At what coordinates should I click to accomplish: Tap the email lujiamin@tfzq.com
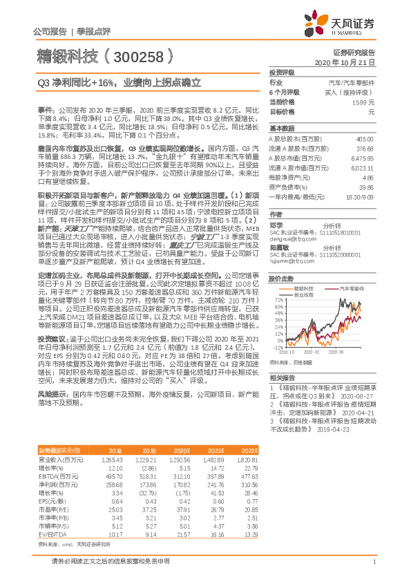(x=289, y=262)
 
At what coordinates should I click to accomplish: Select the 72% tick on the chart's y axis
(x=279, y=301)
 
